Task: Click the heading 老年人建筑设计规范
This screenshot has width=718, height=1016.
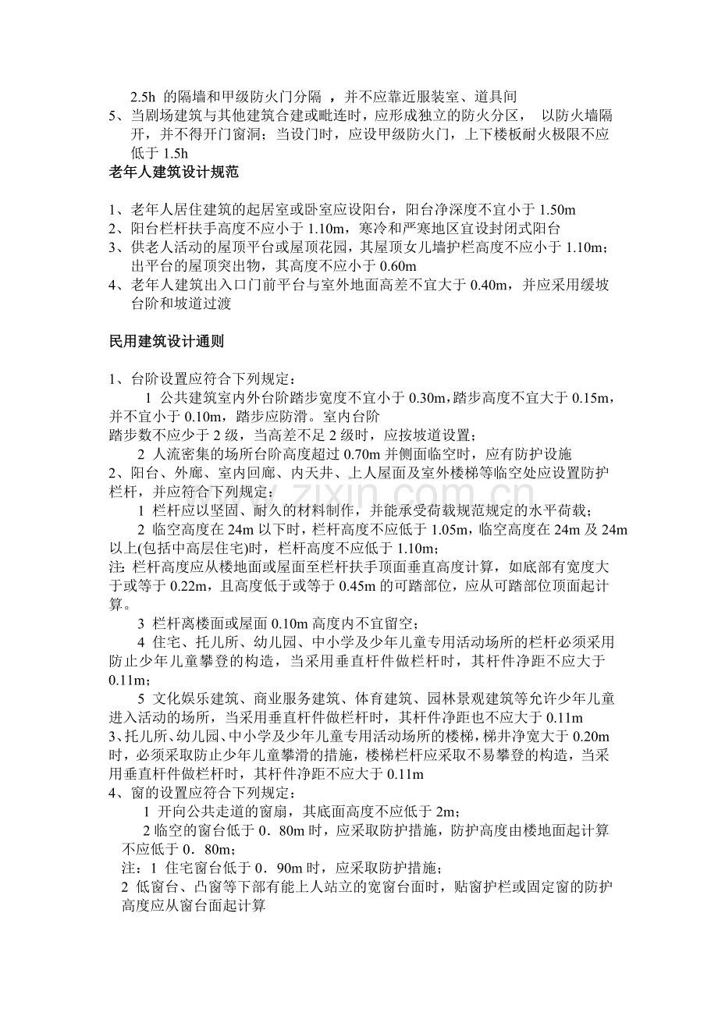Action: [x=168, y=173]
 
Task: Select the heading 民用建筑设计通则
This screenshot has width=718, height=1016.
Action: [x=168, y=341]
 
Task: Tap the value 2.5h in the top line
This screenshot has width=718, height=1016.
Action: [x=142, y=98]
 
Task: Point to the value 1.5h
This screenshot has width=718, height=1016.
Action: [x=172, y=155]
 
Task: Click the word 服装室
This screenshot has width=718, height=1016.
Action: [x=440, y=98]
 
